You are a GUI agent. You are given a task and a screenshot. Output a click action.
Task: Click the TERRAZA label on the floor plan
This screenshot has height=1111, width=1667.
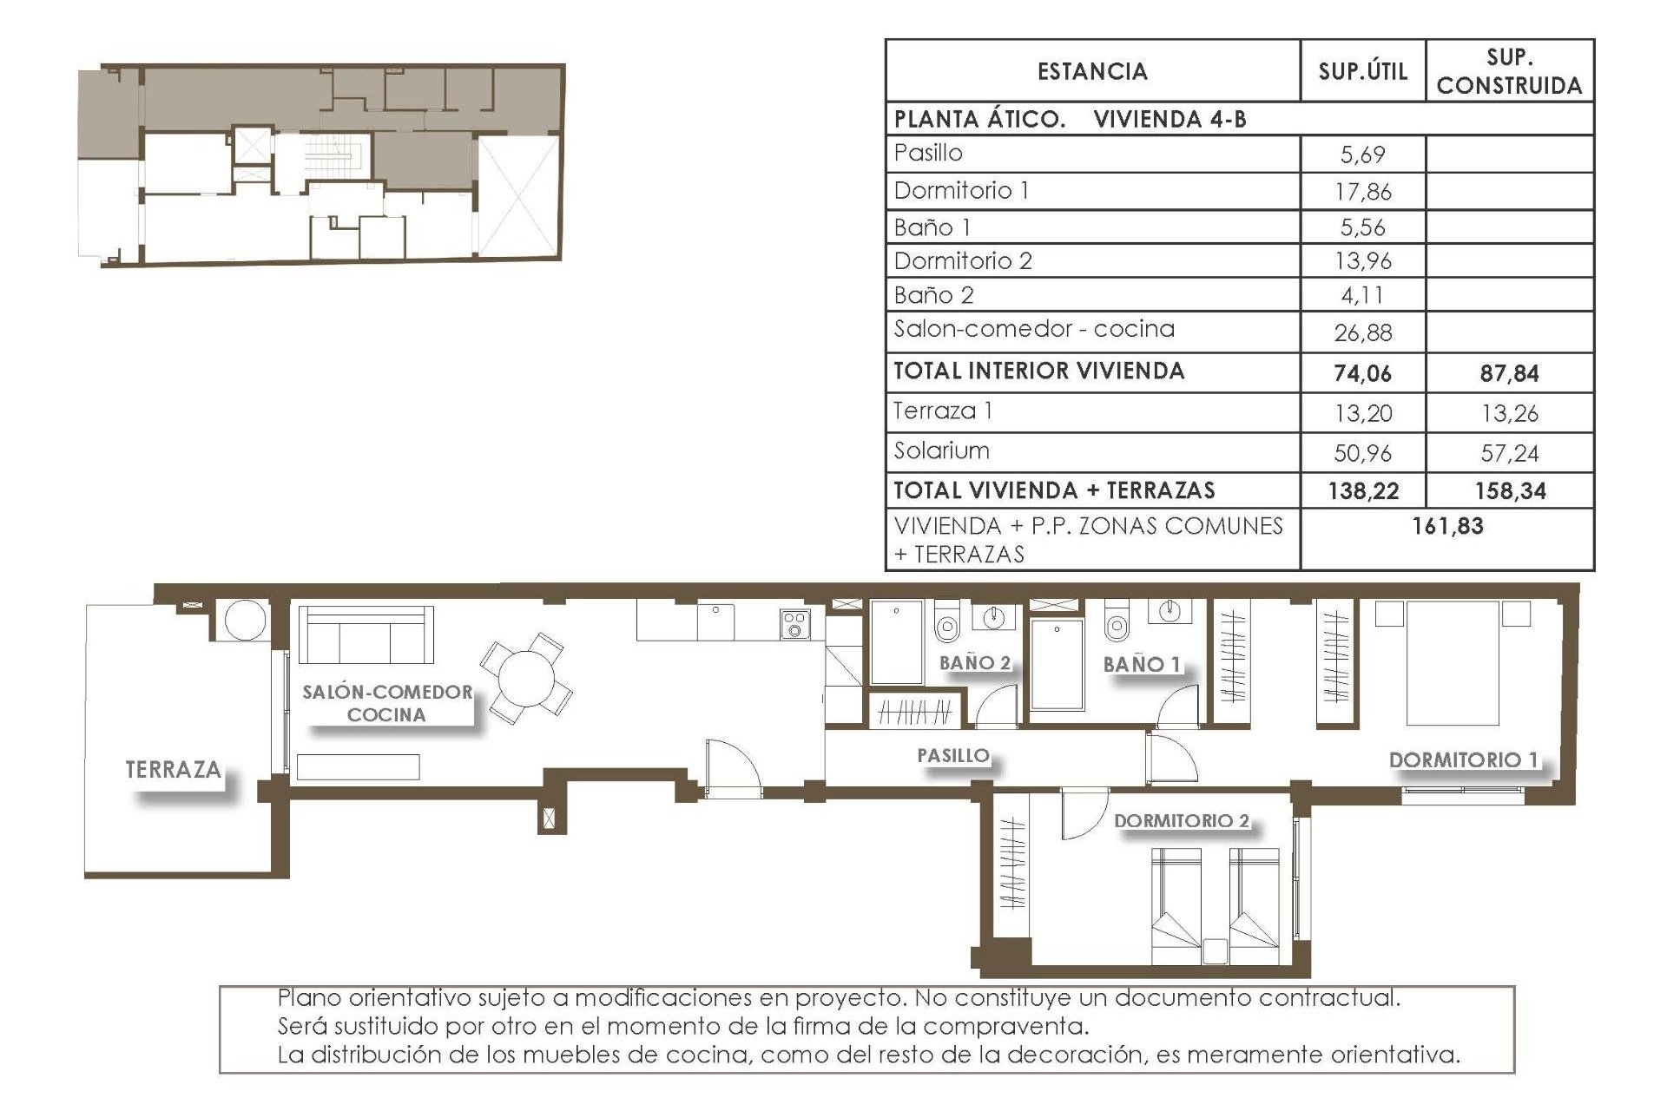(173, 770)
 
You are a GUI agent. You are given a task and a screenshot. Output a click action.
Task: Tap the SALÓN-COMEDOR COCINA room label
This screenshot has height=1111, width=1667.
(387, 703)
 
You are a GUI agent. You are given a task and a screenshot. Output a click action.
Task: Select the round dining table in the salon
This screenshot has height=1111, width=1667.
(525, 678)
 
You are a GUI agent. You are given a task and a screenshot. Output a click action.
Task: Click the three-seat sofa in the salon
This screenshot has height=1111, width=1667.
(366, 634)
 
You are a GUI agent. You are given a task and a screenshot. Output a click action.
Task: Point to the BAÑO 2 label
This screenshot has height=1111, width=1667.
(975, 663)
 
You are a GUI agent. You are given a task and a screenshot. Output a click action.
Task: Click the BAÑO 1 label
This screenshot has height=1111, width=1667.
(1142, 665)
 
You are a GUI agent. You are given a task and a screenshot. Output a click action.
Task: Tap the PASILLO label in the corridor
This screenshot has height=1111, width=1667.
(953, 756)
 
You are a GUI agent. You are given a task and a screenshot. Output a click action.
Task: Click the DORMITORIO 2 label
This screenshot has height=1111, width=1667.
(1181, 820)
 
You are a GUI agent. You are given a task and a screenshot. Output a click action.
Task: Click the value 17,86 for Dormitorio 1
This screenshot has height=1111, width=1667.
(1362, 191)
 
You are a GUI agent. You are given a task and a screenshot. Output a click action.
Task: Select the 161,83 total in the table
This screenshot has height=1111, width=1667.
(1447, 526)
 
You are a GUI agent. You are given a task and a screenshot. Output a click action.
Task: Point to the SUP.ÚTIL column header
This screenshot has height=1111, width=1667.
(1362, 71)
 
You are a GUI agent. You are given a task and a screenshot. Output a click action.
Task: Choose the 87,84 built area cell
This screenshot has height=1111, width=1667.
(1509, 373)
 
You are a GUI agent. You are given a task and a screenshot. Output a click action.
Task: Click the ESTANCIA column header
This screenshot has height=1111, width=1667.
(1092, 71)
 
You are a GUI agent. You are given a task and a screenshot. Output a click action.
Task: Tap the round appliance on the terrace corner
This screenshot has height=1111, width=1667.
(245, 620)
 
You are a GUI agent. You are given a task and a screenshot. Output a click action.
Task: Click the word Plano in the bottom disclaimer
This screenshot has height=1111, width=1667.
(308, 997)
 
